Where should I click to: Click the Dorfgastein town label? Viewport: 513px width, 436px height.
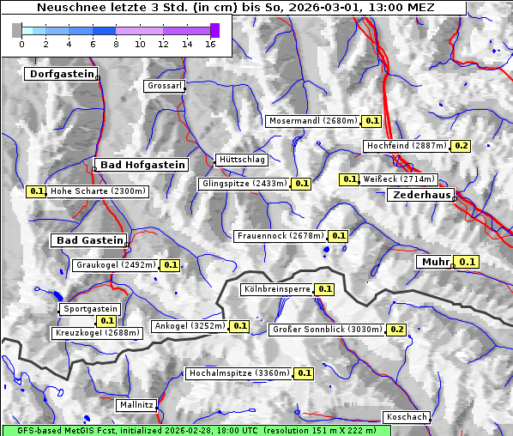click(x=61, y=75)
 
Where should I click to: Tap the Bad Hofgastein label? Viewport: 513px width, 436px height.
click(x=142, y=165)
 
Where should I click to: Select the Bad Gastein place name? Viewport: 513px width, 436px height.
click(x=90, y=240)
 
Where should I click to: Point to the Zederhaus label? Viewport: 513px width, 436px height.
click(x=422, y=196)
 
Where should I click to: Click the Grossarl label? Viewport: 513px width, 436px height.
click(x=163, y=87)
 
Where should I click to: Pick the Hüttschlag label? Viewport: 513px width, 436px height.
click(x=242, y=160)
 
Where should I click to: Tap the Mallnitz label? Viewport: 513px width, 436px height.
click(x=137, y=404)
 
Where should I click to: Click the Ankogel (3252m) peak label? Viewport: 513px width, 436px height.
click(x=190, y=326)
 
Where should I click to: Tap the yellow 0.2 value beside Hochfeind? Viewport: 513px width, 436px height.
click(x=462, y=147)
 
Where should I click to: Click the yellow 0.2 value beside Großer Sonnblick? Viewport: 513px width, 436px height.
click(x=397, y=330)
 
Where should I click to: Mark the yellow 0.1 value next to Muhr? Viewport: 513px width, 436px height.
click(x=468, y=262)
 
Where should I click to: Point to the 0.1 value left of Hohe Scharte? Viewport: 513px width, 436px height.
click(x=36, y=191)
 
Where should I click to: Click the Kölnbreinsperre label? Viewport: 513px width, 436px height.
click(x=277, y=290)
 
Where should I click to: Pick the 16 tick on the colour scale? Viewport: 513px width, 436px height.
click(x=210, y=44)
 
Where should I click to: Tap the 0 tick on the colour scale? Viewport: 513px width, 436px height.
click(x=21, y=44)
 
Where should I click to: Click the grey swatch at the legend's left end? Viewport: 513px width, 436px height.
click(x=17, y=30)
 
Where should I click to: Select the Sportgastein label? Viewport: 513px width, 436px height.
click(x=90, y=309)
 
